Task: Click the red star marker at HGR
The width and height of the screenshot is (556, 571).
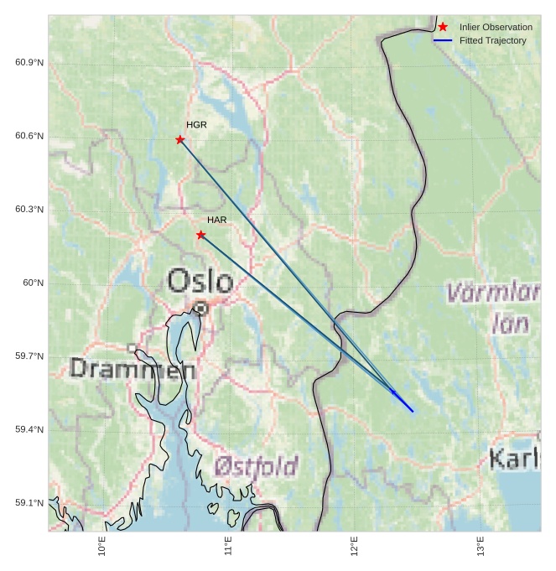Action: click(180, 139)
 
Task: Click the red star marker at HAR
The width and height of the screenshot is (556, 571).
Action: click(200, 235)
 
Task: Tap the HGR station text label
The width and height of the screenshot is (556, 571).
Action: click(196, 125)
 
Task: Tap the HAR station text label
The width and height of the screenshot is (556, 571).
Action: click(217, 220)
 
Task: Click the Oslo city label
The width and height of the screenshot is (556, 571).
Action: click(200, 280)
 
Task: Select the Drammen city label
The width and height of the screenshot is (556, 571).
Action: click(133, 368)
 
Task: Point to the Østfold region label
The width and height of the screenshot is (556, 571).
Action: click(256, 465)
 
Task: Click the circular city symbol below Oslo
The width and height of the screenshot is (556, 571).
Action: click(200, 309)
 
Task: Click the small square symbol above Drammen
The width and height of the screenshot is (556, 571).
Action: click(132, 347)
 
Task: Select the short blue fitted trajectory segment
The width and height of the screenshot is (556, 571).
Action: click(403, 401)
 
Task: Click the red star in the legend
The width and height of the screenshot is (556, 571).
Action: click(443, 27)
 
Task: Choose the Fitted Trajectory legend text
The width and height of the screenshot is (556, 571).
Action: click(492, 40)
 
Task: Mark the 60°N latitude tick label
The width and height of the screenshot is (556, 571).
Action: click(34, 283)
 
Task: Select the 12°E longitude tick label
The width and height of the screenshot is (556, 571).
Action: click(354, 548)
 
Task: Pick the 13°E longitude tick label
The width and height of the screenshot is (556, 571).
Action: click(481, 548)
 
